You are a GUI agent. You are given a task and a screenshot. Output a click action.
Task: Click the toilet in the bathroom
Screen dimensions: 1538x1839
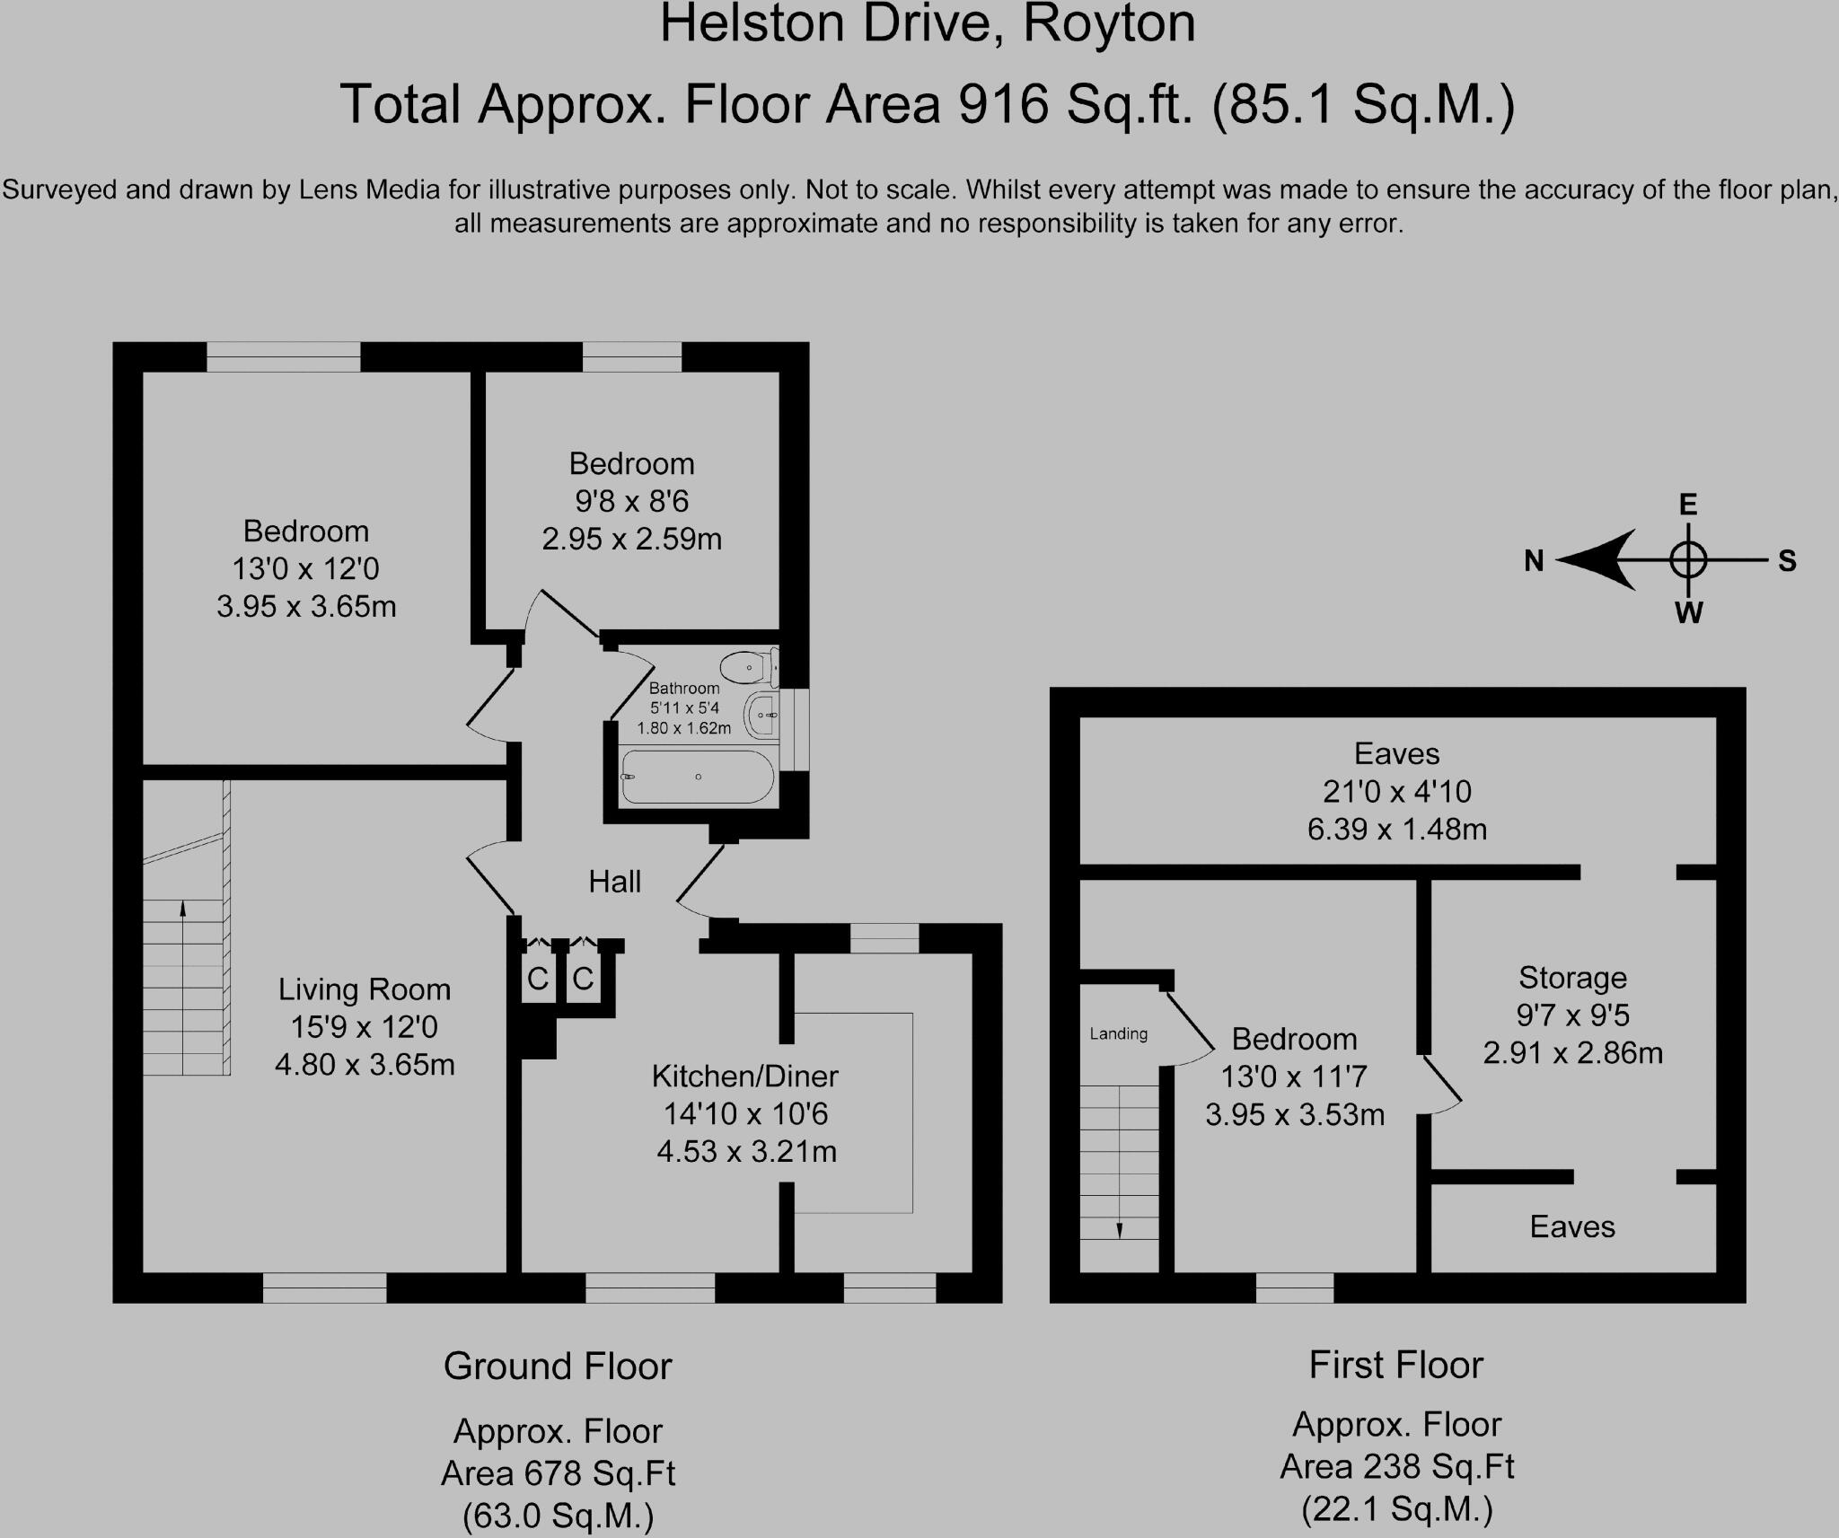(744, 668)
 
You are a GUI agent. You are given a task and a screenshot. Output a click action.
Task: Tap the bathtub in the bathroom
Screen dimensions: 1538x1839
(698, 777)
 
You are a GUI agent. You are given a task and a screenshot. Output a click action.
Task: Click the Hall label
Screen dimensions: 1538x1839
(614, 882)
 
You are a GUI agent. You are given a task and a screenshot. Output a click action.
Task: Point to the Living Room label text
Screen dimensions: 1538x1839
(364, 989)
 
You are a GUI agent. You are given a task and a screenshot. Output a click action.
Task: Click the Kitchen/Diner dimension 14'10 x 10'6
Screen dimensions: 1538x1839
(745, 1113)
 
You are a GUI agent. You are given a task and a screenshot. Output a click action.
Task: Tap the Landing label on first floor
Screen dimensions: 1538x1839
(1118, 1033)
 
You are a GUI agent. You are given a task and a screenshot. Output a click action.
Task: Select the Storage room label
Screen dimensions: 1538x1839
(1572, 977)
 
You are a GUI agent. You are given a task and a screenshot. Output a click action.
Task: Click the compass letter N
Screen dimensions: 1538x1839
(1534, 561)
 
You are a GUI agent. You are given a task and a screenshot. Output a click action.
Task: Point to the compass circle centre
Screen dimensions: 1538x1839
(1688, 560)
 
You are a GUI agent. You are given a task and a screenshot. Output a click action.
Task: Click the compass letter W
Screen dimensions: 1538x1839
(1688, 613)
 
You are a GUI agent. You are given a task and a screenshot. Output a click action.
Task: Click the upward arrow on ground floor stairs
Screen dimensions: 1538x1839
(183, 909)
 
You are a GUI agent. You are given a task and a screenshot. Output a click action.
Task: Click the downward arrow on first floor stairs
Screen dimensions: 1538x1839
(1120, 1229)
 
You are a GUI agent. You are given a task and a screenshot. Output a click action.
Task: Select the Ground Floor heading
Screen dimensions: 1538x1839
(557, 1367)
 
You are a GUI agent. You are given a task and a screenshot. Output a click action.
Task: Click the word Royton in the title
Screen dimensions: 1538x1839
(1109, 24)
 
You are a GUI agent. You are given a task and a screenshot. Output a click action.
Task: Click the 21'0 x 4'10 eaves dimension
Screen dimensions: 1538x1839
(1396, 791)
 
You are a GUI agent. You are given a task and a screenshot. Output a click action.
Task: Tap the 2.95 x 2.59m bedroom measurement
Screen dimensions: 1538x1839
(631, 539)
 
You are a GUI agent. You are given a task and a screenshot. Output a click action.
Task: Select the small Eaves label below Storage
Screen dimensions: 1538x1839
(1572, 1226)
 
